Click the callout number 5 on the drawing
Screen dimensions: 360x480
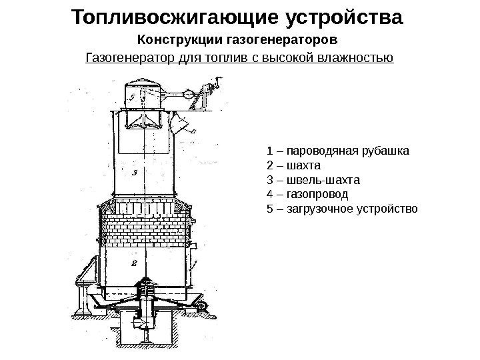133,97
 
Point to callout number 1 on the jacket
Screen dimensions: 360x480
194,246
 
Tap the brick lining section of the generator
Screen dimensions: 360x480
143,223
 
